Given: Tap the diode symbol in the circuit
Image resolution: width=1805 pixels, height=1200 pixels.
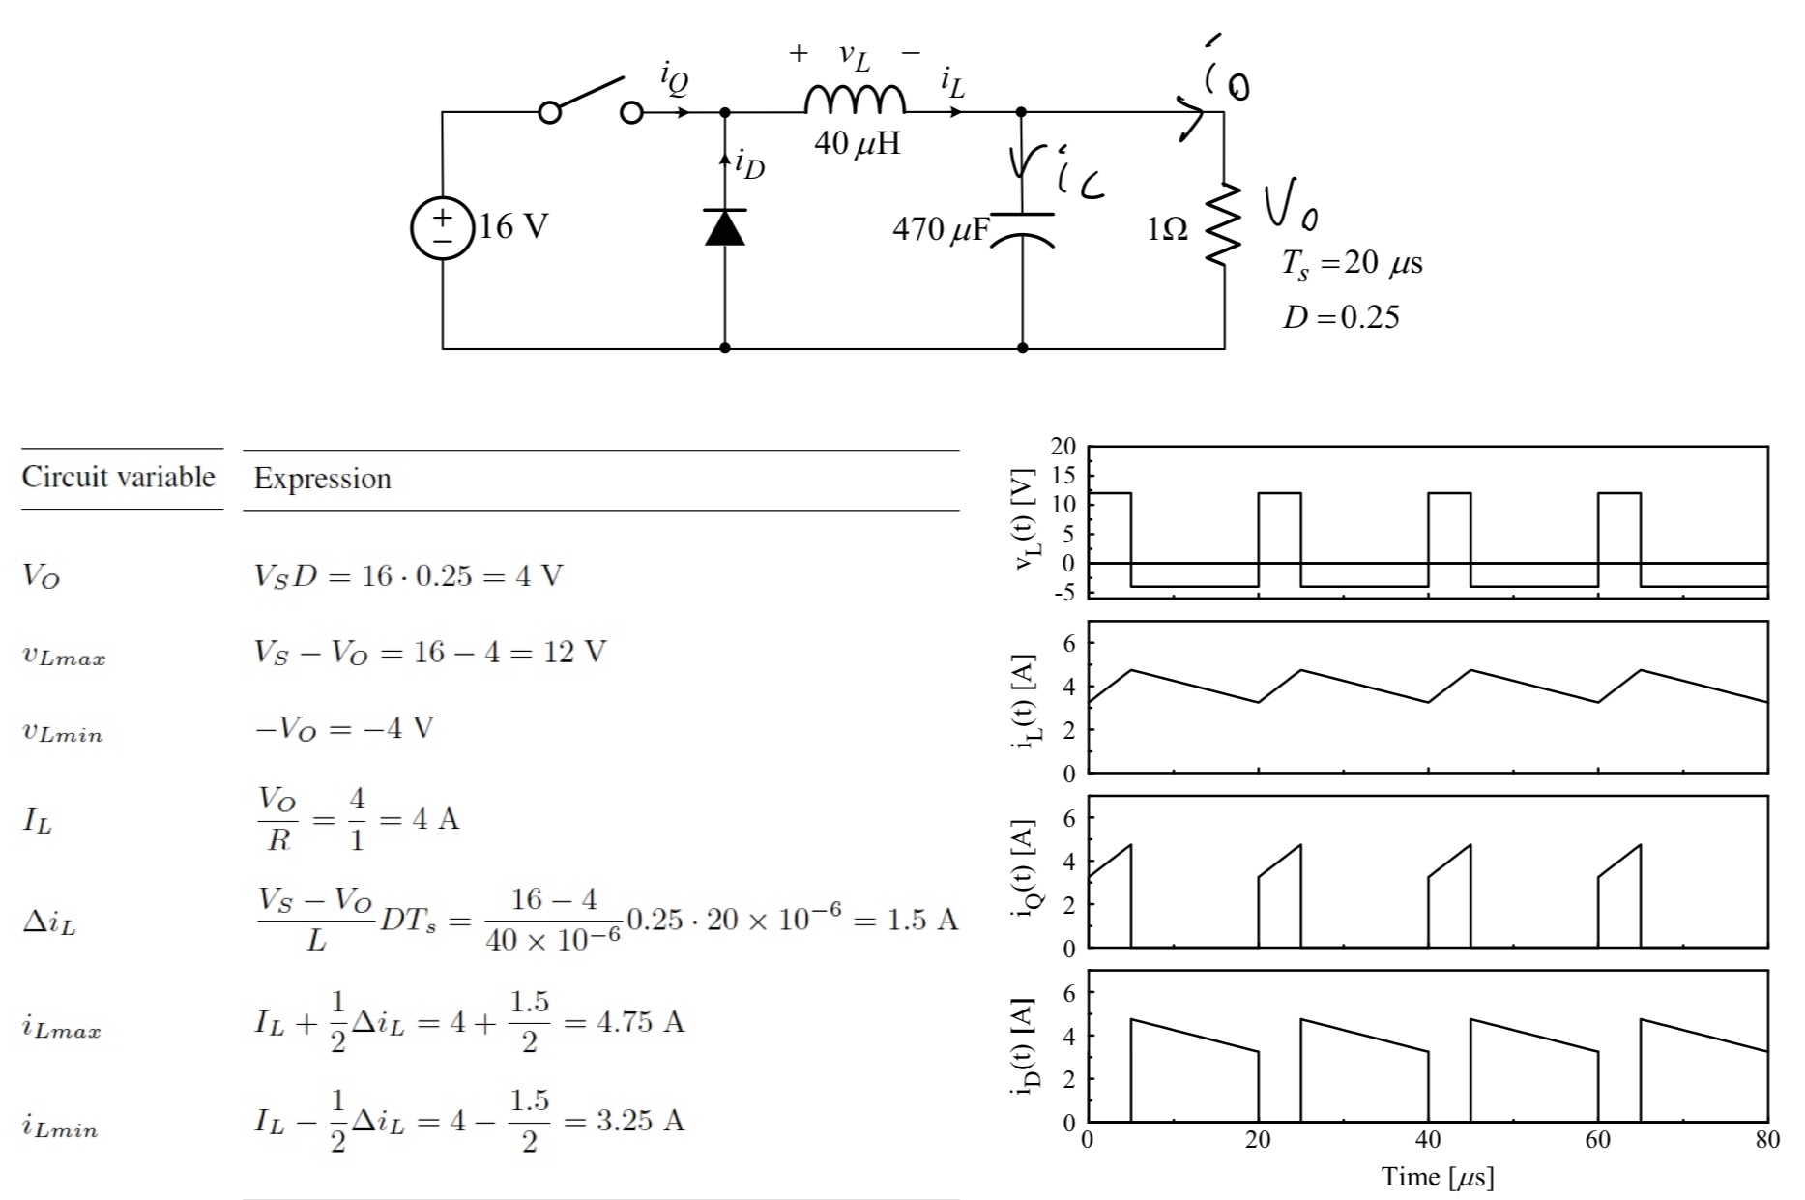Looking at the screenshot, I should click(725, 227).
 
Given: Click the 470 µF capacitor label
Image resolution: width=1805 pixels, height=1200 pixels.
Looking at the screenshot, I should click(941, 230).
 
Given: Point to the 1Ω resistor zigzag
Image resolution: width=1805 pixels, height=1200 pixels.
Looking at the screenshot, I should click(1224, 224).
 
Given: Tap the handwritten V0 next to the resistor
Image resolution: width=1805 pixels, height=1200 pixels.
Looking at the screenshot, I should click(1290, 207).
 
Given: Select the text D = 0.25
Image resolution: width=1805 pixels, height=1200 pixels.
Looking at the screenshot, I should click(1340, 316).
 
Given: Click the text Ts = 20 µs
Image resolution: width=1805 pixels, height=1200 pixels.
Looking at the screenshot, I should click(1352, 264).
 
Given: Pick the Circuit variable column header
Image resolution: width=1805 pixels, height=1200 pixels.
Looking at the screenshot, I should click(118, 477).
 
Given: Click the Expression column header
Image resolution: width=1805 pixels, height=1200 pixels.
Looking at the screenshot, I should click(322, 479).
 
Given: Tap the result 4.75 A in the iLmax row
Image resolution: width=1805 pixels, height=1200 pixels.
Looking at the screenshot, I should click(640, 1022).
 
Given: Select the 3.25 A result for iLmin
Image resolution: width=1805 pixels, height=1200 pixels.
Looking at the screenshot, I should click(640, 1121).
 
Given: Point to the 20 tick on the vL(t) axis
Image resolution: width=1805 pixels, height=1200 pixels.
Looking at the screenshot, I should click(1063, 447).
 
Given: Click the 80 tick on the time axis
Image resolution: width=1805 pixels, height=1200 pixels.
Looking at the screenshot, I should click(1766, 1140).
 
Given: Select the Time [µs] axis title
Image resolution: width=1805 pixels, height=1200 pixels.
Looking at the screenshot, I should click(1437, 1177).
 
